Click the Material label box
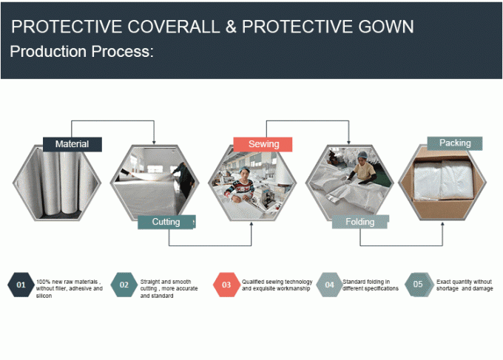click(72, 144)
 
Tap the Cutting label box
click(166, 222)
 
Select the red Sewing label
click(263, 144)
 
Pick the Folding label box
click(360, 222)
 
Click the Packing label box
click(455, 143)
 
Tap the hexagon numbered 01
click(21, 285)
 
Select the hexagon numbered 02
click(124, 285)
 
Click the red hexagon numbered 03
click(226, 285)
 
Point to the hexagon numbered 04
click(329, 285)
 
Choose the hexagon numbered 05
click(418, 285)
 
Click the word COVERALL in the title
click(174, 27)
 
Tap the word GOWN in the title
click(386, 27)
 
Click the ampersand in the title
click(231, 27)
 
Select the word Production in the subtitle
click(48, 51)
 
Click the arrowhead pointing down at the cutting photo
click(154, 142)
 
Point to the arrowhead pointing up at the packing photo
click(442, 224)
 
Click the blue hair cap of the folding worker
click(362, 154)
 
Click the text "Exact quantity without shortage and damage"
click(465, 285)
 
